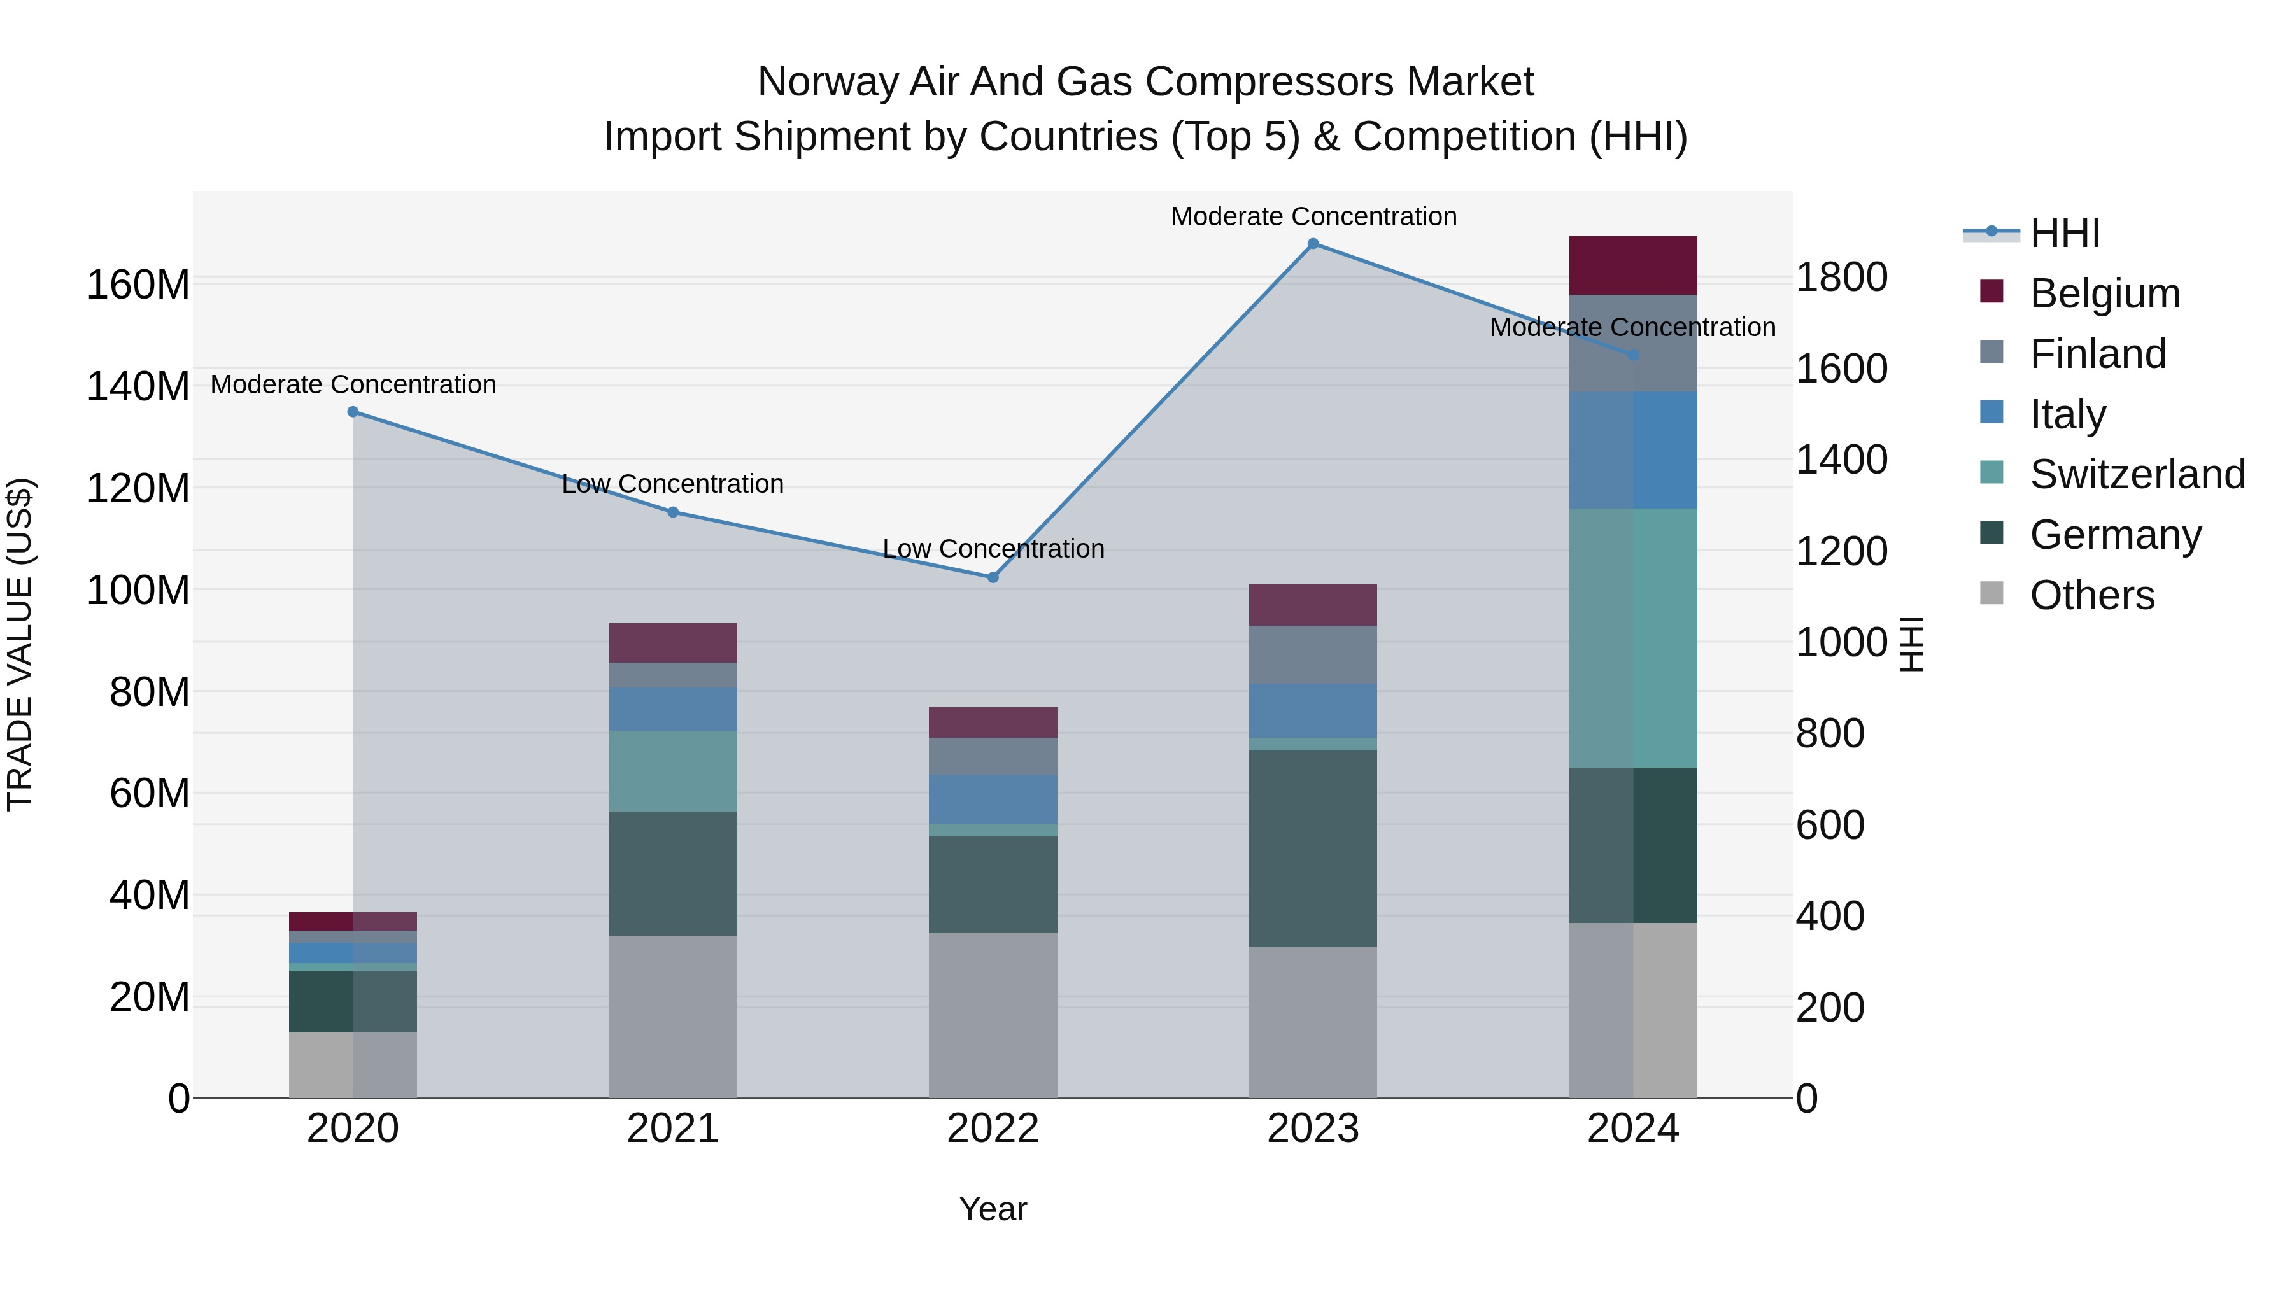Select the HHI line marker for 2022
tap(993, 577)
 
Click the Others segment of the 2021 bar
tap(673, 1016)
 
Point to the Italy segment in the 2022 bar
tap(993, 799)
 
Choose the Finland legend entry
tap(2097, 354)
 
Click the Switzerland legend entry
tap(2136, 474)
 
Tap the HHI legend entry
tap(2064, 233)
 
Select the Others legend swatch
tap(1991, 593)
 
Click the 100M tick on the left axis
tap(138, 590)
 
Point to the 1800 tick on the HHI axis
tap(1841, 278)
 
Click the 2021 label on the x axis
tap(673, 1129)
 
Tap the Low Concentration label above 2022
tap(993, 549)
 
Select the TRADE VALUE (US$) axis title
tap(20, 644)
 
